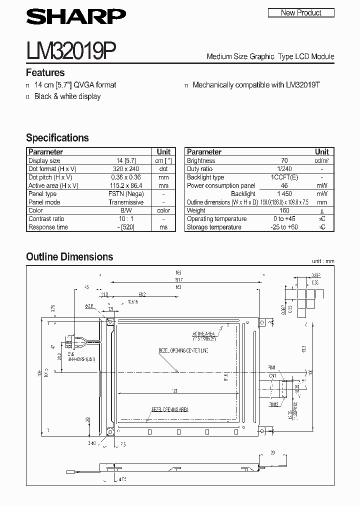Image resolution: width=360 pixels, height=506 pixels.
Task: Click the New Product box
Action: coord(301,12)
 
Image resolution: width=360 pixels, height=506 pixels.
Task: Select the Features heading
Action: coord(45,72)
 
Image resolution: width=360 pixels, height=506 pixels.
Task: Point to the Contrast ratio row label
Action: coord(46,219)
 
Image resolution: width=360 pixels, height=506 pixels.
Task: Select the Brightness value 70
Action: coord(284,161)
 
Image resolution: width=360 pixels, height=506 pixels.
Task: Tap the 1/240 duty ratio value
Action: coord(284,169)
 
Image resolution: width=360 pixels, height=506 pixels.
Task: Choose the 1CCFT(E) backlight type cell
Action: coord(284,177)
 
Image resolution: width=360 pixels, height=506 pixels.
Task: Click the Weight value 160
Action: coord(284,210)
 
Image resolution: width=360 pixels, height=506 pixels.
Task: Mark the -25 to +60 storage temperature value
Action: coord(284,227)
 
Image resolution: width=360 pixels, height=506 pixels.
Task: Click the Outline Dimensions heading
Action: coord(69,257)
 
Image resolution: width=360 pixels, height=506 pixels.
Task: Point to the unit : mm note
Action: coord(322,261)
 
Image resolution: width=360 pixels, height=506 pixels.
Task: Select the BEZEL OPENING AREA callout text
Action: coord(170,409)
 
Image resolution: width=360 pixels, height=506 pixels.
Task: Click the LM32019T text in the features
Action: coord(303,85)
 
